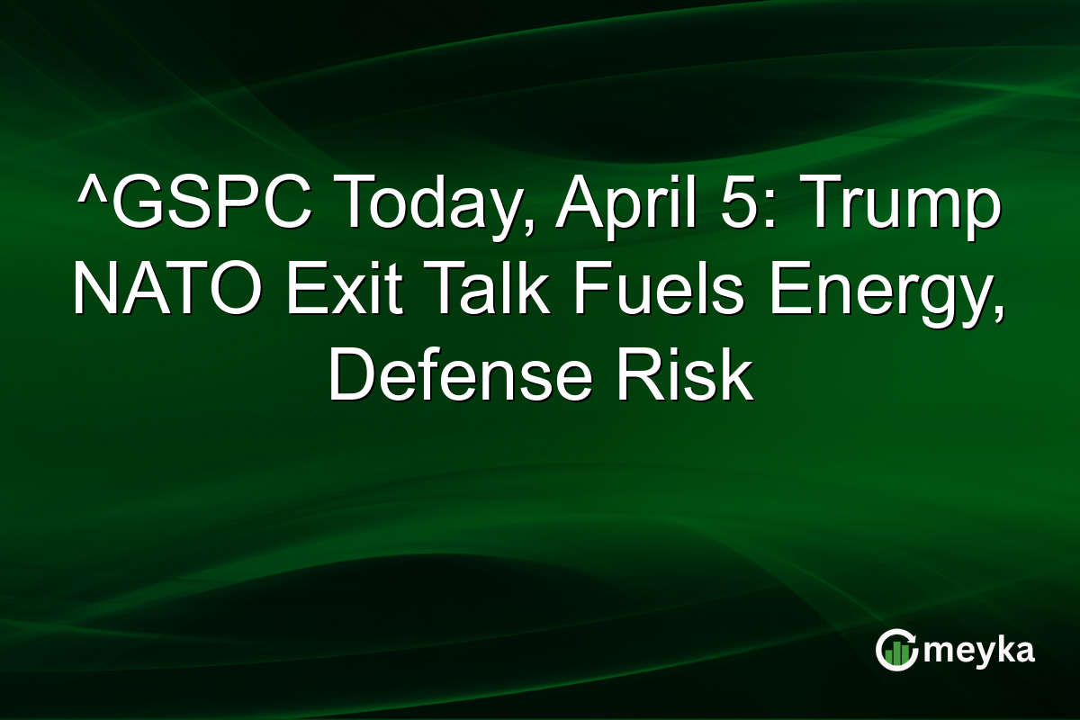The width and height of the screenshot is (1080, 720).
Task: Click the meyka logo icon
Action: tap(895, 649)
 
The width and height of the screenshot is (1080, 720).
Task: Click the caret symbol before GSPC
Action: tap(87, 191)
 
